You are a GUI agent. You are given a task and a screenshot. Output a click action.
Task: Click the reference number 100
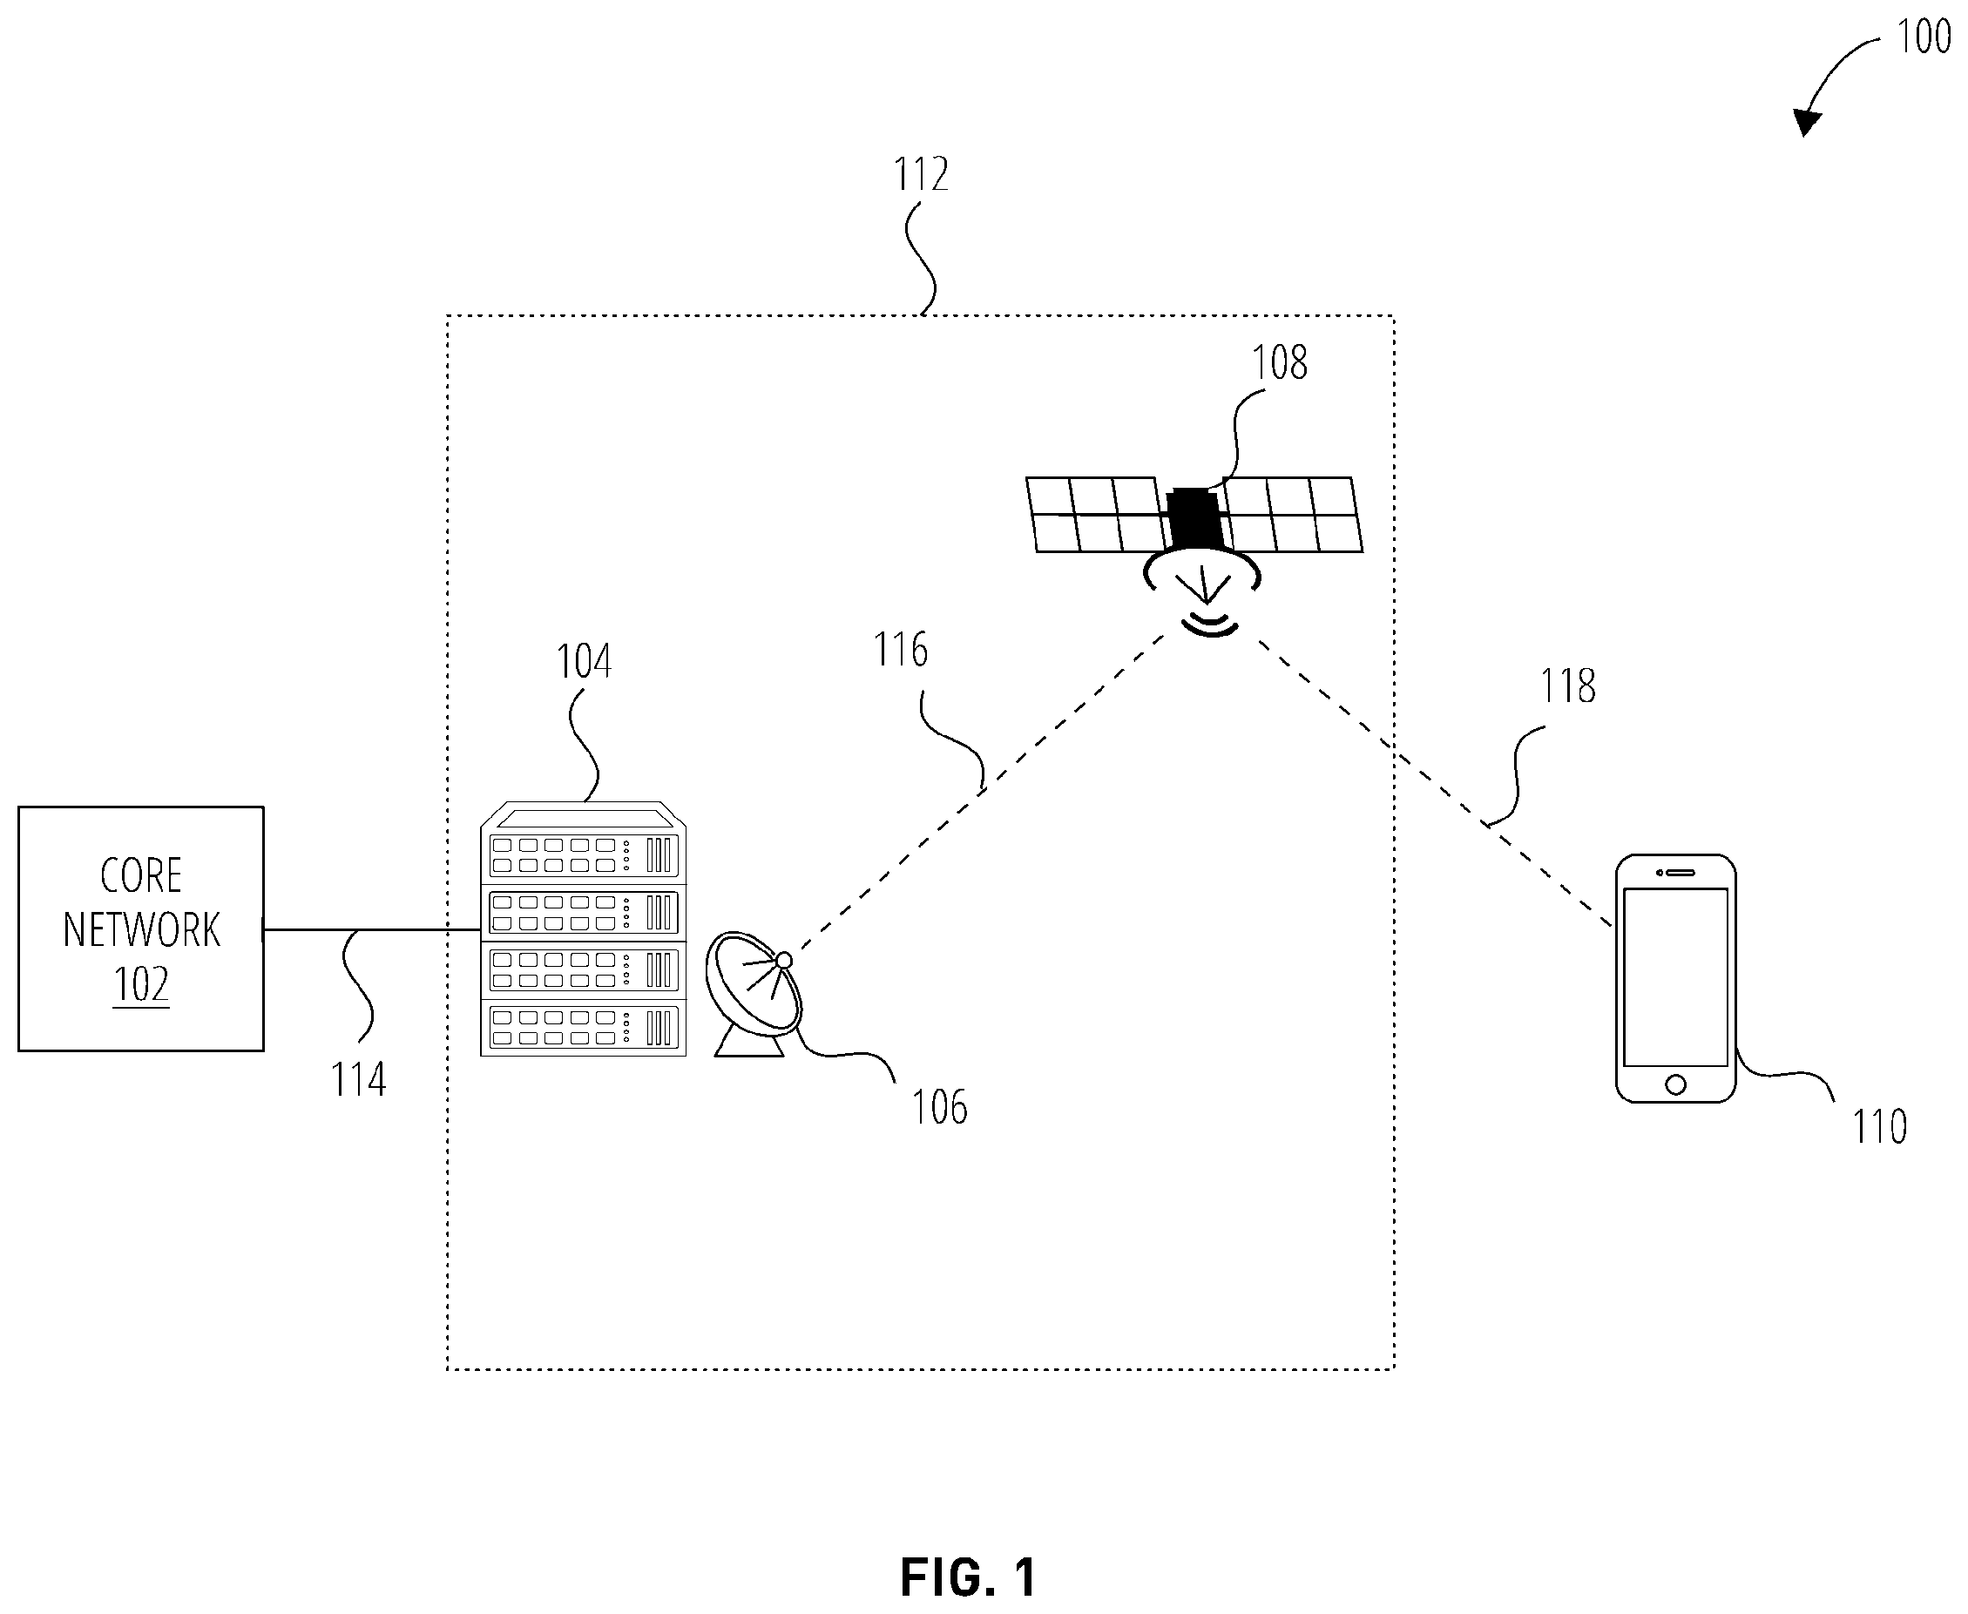[1924, 37]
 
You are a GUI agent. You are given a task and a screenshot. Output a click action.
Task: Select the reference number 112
[921, 174]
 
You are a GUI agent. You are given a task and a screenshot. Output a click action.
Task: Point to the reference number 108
[1280, 362]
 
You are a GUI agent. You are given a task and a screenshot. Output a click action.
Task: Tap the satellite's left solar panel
[1098, 515]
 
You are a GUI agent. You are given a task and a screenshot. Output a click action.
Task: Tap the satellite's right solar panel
[1293, 515]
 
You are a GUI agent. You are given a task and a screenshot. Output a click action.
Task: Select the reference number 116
[900, 649]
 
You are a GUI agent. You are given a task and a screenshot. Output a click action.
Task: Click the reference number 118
[1568, 686]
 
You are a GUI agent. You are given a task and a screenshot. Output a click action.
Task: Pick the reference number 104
[583, 661]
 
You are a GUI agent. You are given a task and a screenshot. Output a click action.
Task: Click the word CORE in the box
[140, 875]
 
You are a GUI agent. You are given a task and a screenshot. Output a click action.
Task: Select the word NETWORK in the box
[141, 929]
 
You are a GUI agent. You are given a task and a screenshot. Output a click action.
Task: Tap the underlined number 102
[140, 983]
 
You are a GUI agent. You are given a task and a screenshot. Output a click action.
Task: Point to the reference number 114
[358, 1079]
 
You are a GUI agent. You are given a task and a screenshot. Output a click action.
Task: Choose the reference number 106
[939, 1106]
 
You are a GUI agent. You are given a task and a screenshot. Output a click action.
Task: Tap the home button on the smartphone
[1676, 1084]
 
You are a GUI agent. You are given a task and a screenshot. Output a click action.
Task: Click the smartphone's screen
[1676, 977]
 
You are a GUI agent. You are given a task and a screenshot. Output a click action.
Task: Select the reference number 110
[1880, 1126]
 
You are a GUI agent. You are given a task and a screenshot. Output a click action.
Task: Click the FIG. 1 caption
[967, 1577]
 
